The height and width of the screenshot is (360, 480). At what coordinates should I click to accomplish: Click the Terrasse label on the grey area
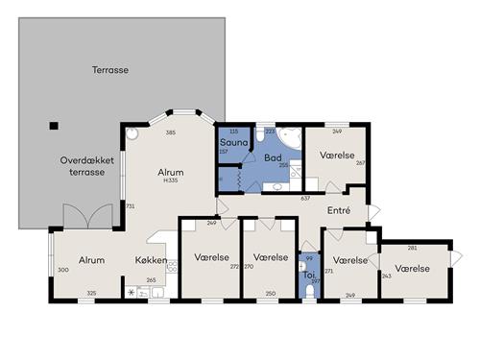click(110, 70)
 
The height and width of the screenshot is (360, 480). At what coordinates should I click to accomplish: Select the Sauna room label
click(233, 142)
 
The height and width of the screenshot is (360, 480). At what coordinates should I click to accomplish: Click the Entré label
click(338, 210)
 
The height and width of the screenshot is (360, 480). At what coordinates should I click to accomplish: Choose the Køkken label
click(151, 260)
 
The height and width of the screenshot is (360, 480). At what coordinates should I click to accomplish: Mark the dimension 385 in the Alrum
click(171, 132)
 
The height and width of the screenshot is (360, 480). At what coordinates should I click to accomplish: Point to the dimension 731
click(130, 206)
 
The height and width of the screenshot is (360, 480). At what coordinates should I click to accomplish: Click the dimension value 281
click(412, 247)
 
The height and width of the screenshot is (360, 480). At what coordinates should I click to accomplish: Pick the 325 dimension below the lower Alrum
click(91, 293)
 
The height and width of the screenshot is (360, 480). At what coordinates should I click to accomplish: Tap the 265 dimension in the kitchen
click(151, 281)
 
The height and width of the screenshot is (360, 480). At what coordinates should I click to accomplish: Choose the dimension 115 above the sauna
click(232, 132)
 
